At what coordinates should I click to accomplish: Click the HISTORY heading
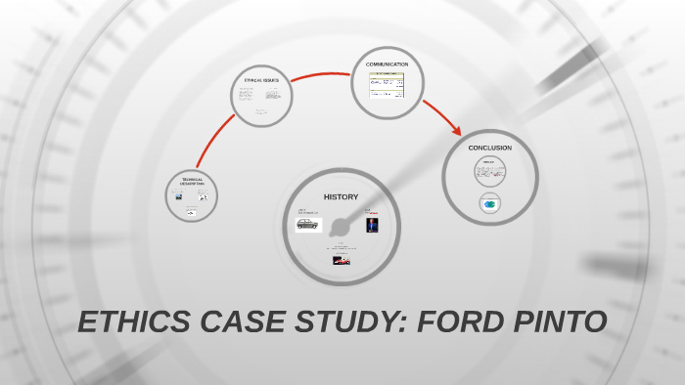coord(341,197)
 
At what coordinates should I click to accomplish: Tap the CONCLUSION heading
coord(489,149)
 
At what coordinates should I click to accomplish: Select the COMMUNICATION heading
coord(387,64)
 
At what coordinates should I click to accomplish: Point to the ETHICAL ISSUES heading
coord(261,80)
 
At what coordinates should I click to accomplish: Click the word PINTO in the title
coord(555,321)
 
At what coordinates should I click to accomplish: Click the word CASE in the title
coord(234,321)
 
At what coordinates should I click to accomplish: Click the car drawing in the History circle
coord(308,225)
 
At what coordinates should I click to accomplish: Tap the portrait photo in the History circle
coord(372,226)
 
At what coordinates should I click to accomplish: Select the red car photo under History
coord(342,260)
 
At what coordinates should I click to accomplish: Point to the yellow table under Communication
coord(387,85)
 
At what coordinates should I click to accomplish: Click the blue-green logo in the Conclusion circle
coord(490,203)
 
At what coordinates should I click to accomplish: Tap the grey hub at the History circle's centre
coord(341,228)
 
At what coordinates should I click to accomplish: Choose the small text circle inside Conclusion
coord(488,173)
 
